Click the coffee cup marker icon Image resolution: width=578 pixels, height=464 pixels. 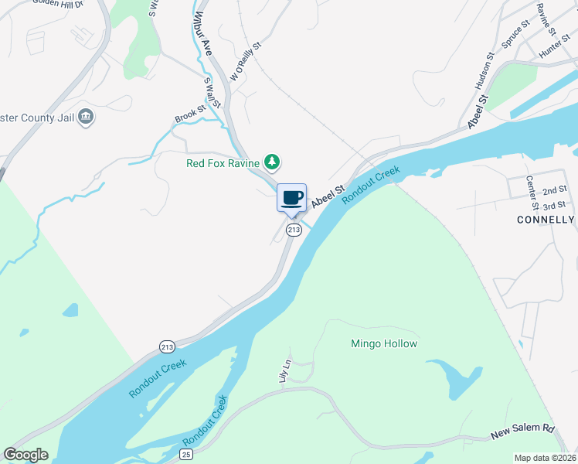(291, 198)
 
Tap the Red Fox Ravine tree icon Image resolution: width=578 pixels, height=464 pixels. (271, 162)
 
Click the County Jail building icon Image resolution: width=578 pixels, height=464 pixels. (87, 118)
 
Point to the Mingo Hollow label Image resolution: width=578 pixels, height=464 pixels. (384, 343)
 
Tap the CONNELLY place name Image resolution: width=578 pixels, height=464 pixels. (546, 220)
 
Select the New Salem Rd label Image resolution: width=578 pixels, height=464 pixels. (523, 432)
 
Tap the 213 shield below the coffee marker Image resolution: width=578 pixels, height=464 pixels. (294, 230)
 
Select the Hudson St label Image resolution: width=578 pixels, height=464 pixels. (484, 69)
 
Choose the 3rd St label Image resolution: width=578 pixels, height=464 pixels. (554, 206)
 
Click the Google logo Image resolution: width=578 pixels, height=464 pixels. (25, 455)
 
